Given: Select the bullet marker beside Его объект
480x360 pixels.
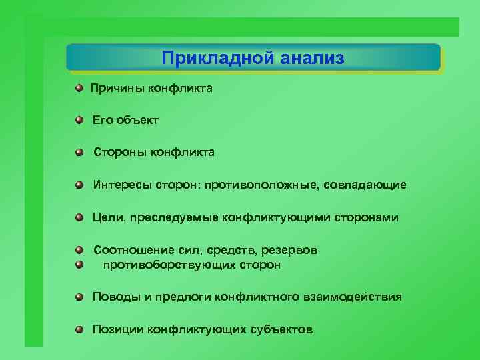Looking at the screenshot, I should click(x=79, y=120).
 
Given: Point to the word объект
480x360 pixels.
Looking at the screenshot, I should click(x=137, y=121).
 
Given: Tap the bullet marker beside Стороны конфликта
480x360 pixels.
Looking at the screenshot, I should click(x=79, y=153).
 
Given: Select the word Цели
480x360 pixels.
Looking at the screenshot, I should click(x=107, y=217).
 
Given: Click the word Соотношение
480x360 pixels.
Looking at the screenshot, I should click(x=134, y=250).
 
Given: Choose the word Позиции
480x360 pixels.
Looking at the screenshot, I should click(x=118, y=329).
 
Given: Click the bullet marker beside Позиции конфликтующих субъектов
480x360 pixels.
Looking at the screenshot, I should click(x=79, y=329).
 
